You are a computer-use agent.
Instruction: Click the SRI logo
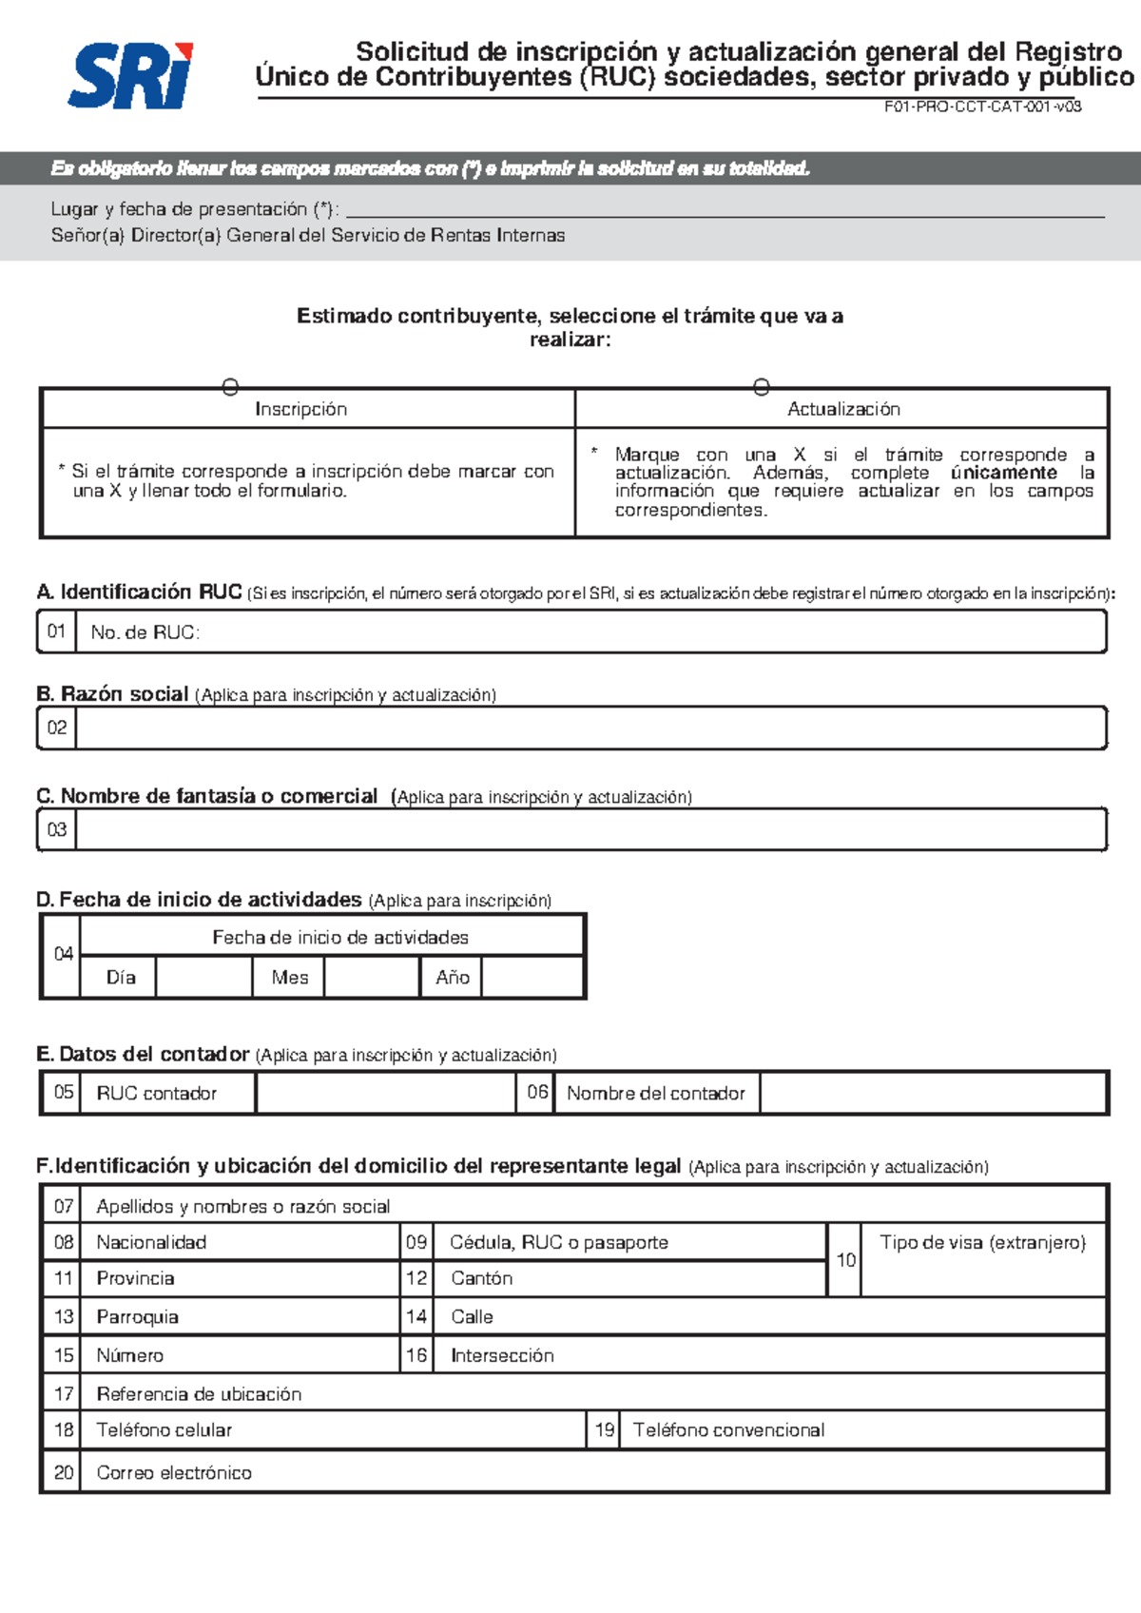click(131, 75)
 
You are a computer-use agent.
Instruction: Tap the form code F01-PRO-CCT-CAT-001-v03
click(982, 107)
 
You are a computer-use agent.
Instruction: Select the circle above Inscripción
click(230, 387)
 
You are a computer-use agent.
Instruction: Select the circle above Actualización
click(761, 387)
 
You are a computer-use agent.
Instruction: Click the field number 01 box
click(56, 632)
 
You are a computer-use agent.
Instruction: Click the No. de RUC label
click(145, 632)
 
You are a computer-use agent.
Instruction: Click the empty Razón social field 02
click(590, 729)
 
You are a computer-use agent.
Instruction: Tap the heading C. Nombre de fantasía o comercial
click(207, 796)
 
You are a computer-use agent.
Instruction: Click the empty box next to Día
click(203, 977)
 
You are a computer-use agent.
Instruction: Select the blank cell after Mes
click(372, 977)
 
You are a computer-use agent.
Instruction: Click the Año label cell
click(452, 977)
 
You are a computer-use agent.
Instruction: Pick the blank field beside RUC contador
click(385, 1094)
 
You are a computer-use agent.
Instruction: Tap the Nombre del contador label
click(656, 1094)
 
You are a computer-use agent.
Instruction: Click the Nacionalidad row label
click(151, 1242)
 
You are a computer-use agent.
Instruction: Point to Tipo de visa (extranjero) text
click(982, 1242)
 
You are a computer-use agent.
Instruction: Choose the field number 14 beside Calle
click(416, 1316)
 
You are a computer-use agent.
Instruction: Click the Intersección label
click(502, 1355)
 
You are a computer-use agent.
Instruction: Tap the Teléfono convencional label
click(728, 1429)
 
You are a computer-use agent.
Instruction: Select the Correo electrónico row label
click(174, 1472)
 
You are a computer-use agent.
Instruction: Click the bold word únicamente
click(1003, 473)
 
